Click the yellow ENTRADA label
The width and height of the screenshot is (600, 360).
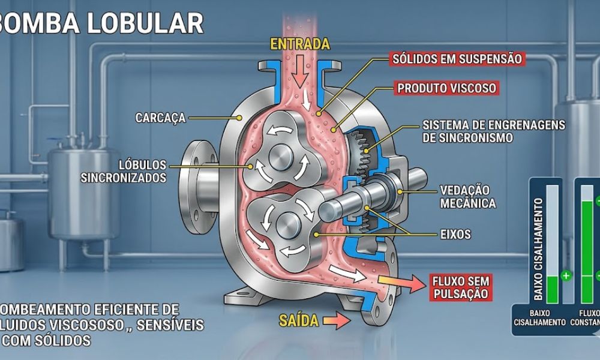(x=300, y=44)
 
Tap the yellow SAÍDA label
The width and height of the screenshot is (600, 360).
(x=298, y=320)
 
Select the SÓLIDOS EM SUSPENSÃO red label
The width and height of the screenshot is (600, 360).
(x=456, y=59)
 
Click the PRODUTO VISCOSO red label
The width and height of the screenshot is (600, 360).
(x=447, y=88)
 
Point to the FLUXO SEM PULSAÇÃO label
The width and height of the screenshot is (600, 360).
(x=460, y=287)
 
